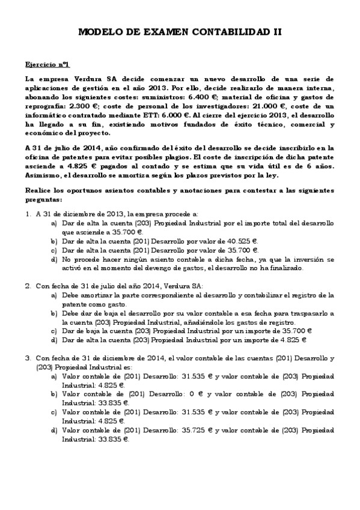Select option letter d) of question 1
pos(55,260)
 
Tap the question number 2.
pos(28,286)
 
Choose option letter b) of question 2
pos(55,313)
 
